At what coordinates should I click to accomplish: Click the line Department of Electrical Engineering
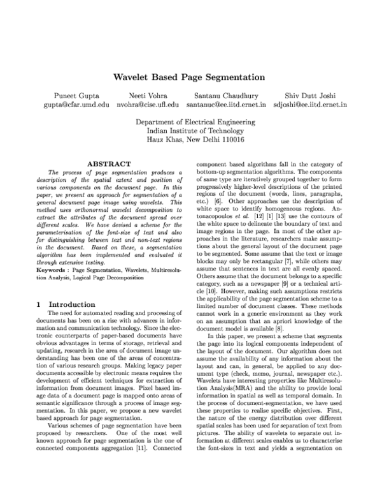point(190,121)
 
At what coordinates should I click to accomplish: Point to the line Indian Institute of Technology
point(190,130)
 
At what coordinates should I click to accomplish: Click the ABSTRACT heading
point(109,165)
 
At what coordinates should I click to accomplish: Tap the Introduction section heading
point(72,304)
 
